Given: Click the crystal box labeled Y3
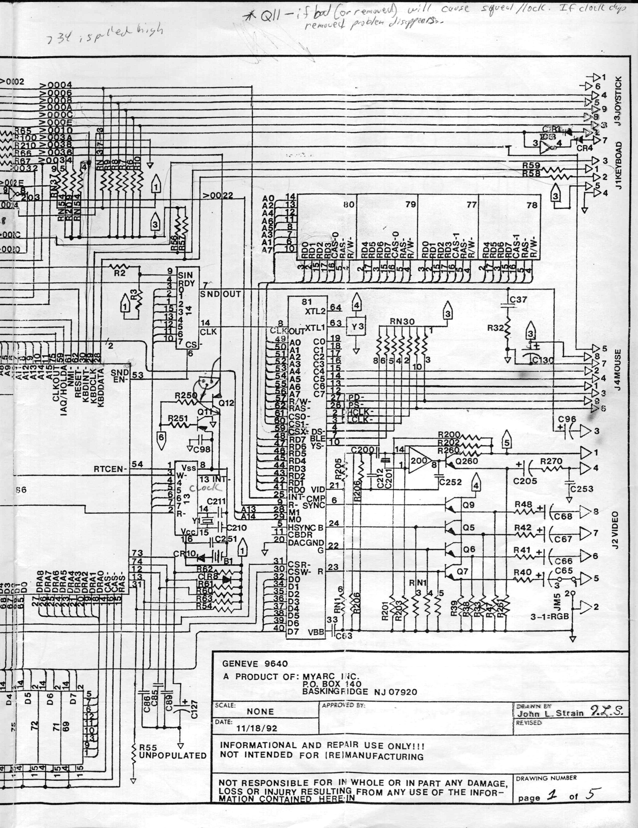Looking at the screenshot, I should [x=357, y=326].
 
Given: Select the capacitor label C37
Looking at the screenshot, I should [x=518, y=300].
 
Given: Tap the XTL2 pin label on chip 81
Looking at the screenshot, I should [x=315, y=311].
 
